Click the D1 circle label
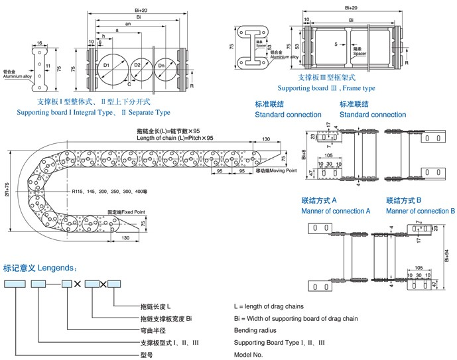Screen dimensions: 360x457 (106, 66)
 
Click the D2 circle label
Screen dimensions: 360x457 (137, 65)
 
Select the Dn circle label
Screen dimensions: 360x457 (162, 65)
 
